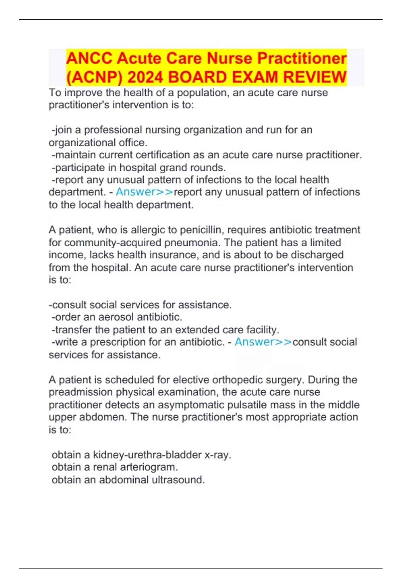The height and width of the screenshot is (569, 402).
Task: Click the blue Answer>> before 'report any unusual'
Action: tap(144, 192)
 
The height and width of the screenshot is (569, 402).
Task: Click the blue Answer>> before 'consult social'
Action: tap(263, 342)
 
